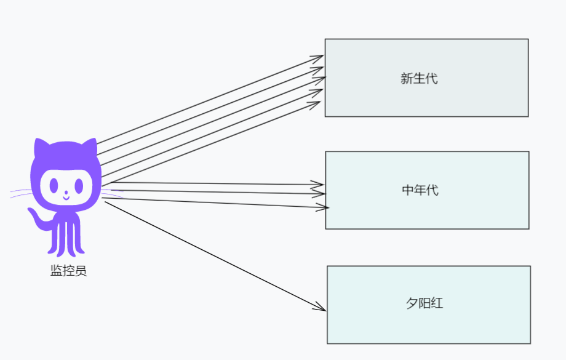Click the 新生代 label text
coord(419,79)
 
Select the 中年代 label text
coord(420,190)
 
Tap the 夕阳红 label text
coord(424,303)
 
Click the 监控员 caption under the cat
coord(68,271)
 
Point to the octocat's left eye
coord(54,185)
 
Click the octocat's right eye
coord(78,185)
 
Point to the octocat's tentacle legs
coord(66,240)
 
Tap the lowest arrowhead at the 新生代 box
coord(317,103)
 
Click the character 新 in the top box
coord(407,79)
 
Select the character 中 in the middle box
coord(408,190)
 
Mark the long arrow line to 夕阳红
coord(215,255)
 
